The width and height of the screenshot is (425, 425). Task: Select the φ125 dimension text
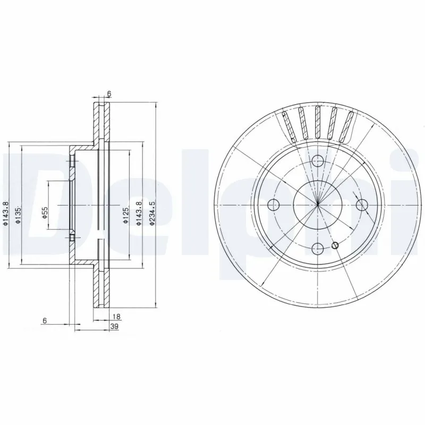125,216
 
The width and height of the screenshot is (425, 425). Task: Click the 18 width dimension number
117,317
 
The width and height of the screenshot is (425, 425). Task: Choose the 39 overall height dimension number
113,327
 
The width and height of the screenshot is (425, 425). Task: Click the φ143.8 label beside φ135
6,213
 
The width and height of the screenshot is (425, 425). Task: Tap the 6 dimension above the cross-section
109,94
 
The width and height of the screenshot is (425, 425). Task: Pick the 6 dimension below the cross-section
45,320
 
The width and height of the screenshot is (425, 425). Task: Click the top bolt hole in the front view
318,161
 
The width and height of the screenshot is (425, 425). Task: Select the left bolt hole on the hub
274,205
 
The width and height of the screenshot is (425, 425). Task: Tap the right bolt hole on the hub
362,205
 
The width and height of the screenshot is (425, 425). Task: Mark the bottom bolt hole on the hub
318,249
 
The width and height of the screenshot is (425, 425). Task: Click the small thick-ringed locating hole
335,245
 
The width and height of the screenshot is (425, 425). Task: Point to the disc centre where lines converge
318,205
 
